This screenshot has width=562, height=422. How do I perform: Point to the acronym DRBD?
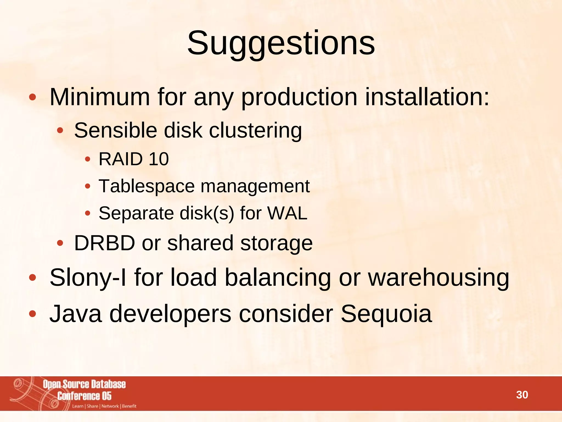click(105, 243)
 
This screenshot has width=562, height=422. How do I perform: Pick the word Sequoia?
click(386, 314)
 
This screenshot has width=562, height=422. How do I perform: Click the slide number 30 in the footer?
click(522, 395)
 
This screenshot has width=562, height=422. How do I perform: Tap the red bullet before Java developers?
click(32, 314)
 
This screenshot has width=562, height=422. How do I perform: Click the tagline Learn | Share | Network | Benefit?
click(104, 406)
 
